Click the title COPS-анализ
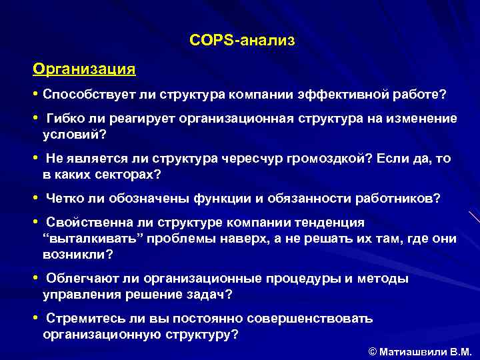coord(241,41)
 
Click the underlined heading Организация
coord(84,69)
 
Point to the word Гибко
coord(65,119)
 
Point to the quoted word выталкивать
coord(85,239)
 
